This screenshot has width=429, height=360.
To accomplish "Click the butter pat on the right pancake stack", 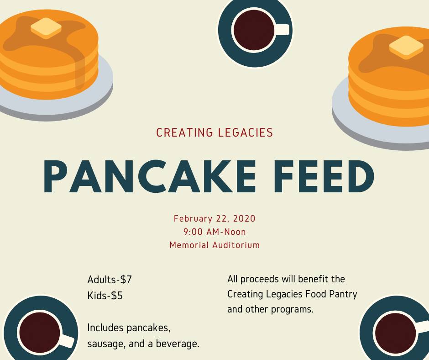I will pyautogui.click(x=406, y=47).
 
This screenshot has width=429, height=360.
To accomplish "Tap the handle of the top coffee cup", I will pyautogui.click(x=282, y=30).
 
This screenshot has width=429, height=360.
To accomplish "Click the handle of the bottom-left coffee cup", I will pyautogui.click(x=67, y=341).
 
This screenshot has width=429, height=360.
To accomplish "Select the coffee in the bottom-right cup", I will pyautogui.click(x=395, y=333).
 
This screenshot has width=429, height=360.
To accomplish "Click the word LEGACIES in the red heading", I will pyautogui.click(x=245, y=133).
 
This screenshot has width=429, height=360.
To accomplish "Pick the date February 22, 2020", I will pyautogui.click(x=214, y=218).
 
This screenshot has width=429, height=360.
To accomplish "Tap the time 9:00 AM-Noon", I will pyautogui.click(x=214, y=232).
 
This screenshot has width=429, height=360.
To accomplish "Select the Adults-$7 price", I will pyautogui.click(x=110, y=280).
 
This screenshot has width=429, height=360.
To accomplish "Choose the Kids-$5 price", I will pyautogui.click(x=105, y=296).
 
